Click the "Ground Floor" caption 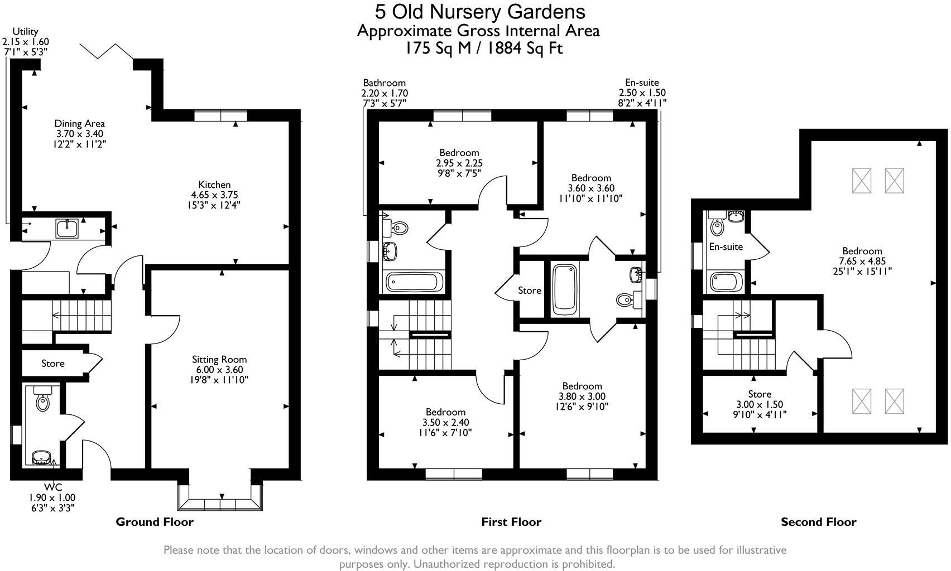[x=155, y=522]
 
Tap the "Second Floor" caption [x=818, y=522]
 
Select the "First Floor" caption [x=511, y=522]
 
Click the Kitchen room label [x=214, y=185]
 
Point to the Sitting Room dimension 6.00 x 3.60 [x=219, y=370]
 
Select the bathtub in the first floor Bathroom [x=414, y=282]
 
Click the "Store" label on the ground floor [x=53, y=364]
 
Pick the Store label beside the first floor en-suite [x=529, y=291]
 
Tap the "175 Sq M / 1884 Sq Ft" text [x=484, y=49]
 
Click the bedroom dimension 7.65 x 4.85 [x=862, y=261]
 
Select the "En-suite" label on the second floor [x=726, y=246]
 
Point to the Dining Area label [x=79, y=123]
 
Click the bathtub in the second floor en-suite [x=726, y=282]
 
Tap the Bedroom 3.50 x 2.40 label [x=445, y=412]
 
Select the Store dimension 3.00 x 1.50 [x=759, y=405]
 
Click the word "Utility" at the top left [x=25, y=32]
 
